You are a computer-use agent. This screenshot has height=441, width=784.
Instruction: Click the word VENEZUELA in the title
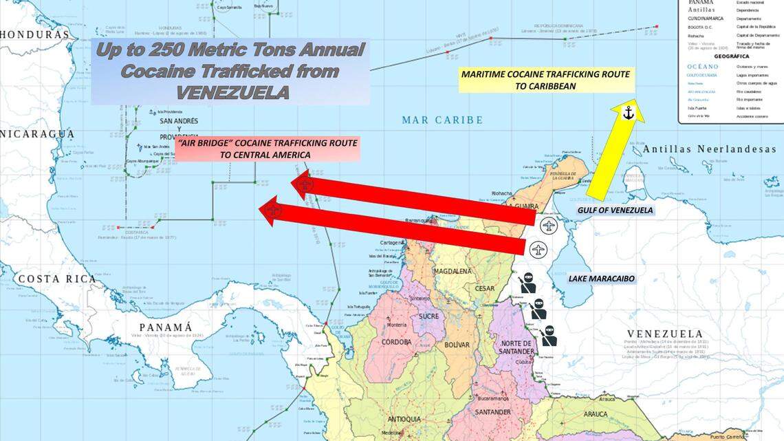[232, 92]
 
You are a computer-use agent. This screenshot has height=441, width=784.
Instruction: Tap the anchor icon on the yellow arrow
[628, 113]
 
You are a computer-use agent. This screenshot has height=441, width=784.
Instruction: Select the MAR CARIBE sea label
[442, 120]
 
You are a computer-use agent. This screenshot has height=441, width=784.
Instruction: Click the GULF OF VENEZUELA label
[615, 210]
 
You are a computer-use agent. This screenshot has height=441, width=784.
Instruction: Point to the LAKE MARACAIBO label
[601, 279]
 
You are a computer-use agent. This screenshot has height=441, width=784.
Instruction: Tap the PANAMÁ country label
[165, 327]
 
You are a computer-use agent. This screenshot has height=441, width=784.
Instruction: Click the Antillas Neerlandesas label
[709, 149]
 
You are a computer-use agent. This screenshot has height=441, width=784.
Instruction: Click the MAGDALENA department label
[453, 271]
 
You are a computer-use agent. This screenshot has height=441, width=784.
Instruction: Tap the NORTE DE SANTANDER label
[516, 347]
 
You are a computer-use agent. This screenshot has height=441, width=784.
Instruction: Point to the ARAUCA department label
[596, 413]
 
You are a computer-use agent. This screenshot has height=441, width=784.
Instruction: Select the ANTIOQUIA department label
[404, 419]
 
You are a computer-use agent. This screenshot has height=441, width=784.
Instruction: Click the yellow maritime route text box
[545, 80]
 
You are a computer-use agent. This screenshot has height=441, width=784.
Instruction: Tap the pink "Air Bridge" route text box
[268, 149]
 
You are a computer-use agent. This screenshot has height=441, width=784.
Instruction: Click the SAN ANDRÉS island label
[179, 121]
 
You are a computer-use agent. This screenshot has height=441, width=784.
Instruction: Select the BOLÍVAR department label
[457, 345]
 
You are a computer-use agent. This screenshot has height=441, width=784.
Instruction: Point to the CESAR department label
[484, 289]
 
